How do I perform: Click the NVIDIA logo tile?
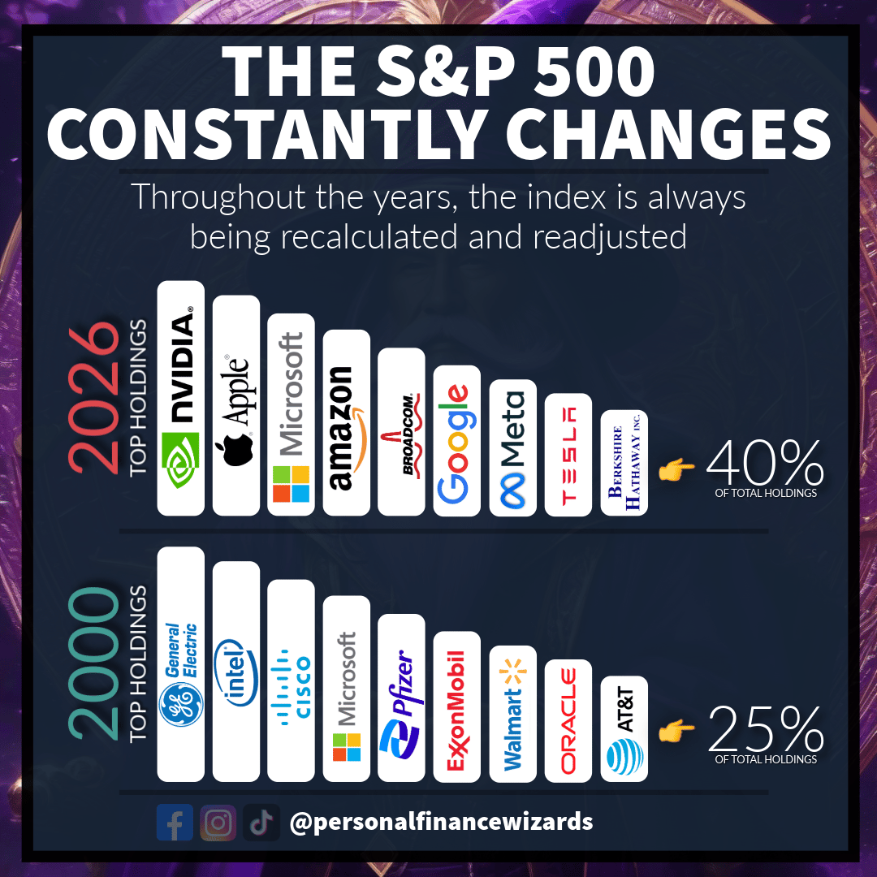pyautogui.click(x=180, y=398)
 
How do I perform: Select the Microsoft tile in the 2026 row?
pyautogui.click(x=291, y=414)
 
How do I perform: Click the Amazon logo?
pyautogui.click(x=346, y=422)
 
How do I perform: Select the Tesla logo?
pyautogui.click(x=568, y=455)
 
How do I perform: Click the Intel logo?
pyautogui.click(x=235, y=671)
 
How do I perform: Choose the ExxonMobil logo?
pyautogui.click(x=456, y=706)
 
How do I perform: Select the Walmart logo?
pyautogui.click(x=512, y=714)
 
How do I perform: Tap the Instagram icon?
pyautogui.click(x=218, y=822)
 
